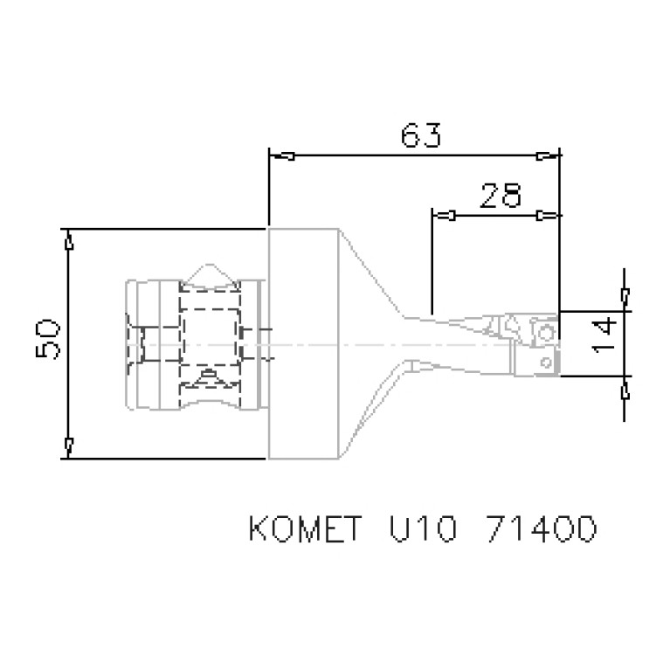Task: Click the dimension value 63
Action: (420, 135)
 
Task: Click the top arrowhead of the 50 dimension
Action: (68, 238)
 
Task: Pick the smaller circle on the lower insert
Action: (544, 361)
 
